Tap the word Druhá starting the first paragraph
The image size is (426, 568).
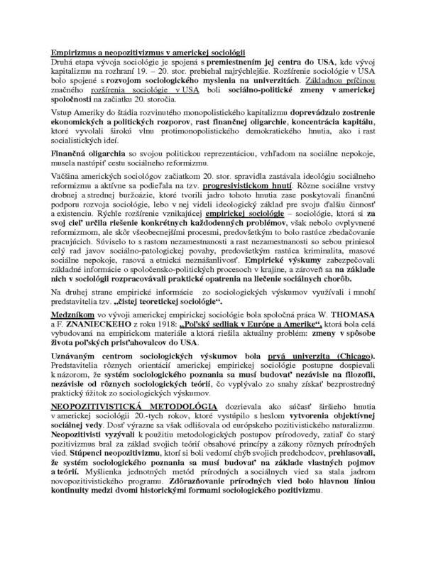[x=62, y=62]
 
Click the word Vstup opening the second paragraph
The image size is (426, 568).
[x=61, y=114]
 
